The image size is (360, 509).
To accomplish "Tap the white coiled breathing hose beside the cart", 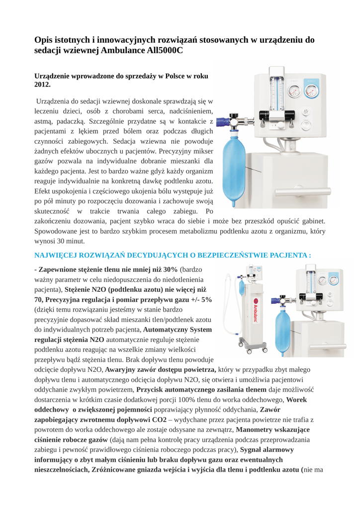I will [x=230, y=313].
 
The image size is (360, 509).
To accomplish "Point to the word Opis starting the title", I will [x=44, y=40].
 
